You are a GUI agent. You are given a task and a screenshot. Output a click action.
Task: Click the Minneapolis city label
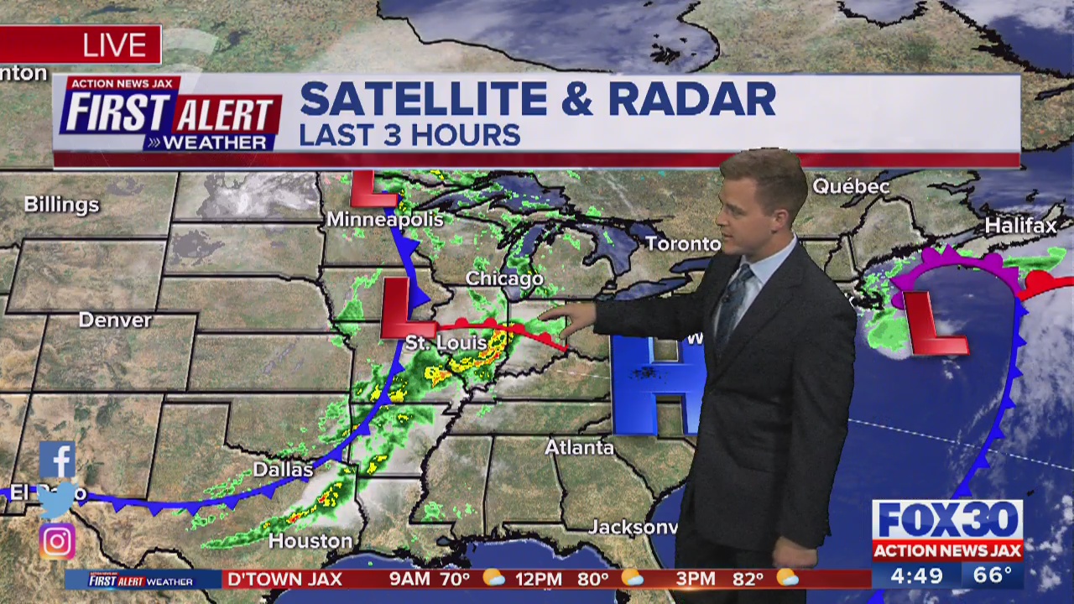click(x=384, y=220)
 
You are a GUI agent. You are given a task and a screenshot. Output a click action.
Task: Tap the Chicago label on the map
click(x=504, y=279)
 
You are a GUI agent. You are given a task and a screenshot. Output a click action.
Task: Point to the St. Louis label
click(x=446, y=343)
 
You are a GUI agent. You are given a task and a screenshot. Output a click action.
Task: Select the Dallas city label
click(x=283, y=470)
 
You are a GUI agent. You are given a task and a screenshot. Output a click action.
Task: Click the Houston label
click(x=310, y=541)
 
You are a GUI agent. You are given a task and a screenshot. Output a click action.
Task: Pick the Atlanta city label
click(x=579, y=448)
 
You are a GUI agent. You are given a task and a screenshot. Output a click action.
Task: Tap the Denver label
click(x=115, y=320)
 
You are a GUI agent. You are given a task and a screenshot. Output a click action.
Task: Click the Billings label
click(x=61, y=205)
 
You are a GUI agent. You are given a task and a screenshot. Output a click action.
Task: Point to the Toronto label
click(x=682, y=244)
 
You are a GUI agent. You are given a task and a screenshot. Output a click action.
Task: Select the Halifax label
click(x=1020, y=226)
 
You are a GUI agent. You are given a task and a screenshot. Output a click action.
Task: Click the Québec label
click(x=850, y=186)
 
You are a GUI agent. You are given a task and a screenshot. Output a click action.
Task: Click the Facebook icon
click(x=57, y=460)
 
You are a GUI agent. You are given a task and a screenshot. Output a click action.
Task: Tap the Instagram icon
click(x=57, y=542)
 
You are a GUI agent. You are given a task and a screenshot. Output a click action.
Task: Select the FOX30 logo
click(x=947, y=520)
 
